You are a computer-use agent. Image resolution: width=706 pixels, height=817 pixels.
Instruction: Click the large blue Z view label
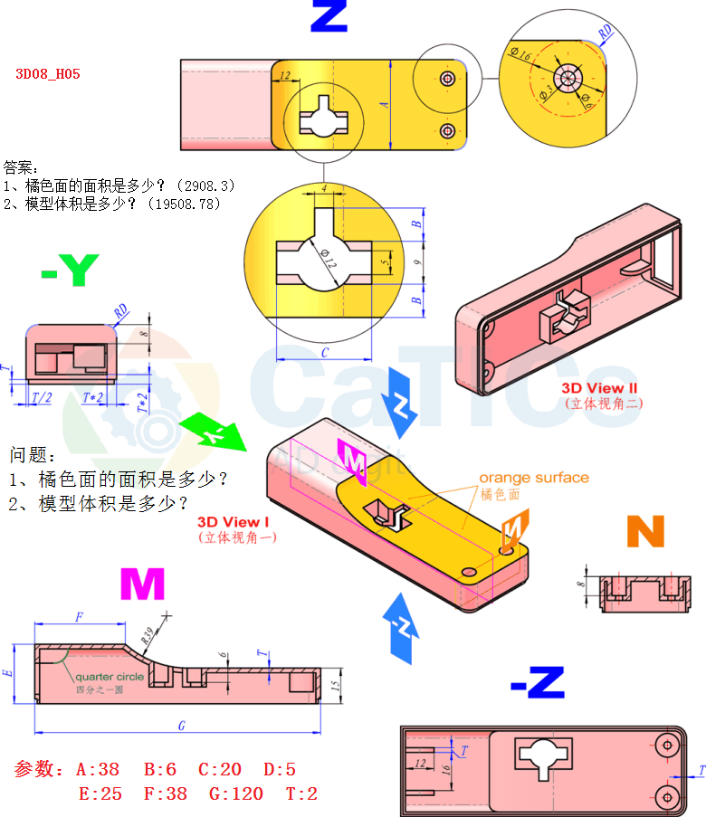point(328,16)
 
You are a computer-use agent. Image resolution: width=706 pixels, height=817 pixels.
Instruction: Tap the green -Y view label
point(70,271)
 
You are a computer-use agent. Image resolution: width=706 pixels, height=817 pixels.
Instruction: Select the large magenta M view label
point(142,585)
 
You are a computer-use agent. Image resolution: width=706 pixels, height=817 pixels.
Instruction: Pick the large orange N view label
point(645,532)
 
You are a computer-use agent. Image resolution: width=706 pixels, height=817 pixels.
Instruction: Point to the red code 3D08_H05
point(48,74)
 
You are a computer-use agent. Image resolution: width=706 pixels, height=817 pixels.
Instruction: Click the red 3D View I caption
point(234,522)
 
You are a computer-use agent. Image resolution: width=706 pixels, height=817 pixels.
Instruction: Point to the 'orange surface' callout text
point(533,478)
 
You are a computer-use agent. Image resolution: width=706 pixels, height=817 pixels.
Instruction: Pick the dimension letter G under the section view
point(182,726)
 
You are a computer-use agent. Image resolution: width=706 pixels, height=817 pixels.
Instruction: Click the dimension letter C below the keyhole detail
point(324,352)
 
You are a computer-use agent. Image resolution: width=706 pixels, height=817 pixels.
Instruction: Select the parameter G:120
point(233,794)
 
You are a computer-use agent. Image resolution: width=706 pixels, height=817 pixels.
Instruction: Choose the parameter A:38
point(98,770)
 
